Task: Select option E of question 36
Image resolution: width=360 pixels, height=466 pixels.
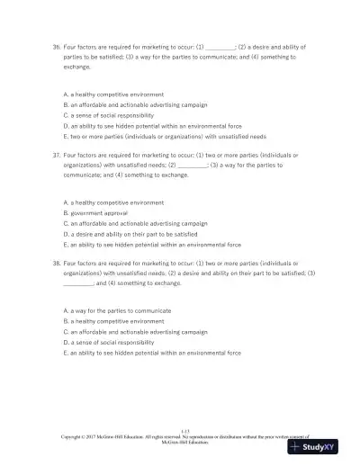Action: tap(165, 137)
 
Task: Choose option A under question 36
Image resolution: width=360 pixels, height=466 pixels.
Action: tap(113, 94)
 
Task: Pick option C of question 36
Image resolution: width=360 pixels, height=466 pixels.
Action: tap(108, 115)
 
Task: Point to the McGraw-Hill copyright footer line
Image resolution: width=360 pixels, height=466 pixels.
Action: tap(180, 437)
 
